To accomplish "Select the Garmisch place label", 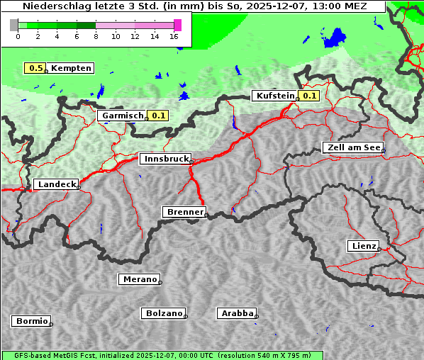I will point(123,116).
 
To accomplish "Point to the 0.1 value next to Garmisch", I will point(158,116).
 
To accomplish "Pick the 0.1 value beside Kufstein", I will point(309,96).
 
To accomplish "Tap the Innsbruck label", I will point(165,159).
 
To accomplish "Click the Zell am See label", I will point(352,147).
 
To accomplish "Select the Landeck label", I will point(56,184).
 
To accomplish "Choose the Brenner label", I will point(184,212).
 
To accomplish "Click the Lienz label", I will point(364,246).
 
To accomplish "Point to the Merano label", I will point(139,279).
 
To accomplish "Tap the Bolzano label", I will point(164,313).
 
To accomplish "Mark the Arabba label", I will point(237,313).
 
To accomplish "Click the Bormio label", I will point(31,321).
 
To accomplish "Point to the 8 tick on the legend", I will point(96,36).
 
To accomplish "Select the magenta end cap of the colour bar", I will point(177,25).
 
